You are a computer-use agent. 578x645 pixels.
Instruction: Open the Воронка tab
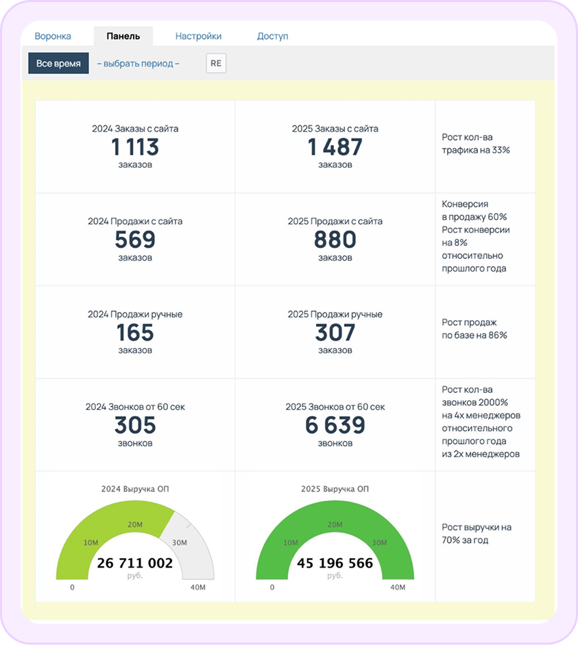pos(53,36)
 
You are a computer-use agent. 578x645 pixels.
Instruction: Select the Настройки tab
pos(198,36)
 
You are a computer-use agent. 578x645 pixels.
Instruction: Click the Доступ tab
pos(272,36)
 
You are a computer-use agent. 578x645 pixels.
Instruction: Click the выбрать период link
pos(139,64)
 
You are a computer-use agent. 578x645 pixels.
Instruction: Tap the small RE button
pos(216,63)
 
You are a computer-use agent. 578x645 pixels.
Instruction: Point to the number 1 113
pos(135,147)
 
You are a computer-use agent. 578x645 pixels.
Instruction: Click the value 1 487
pos(335,147)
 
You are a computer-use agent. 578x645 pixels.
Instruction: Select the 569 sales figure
pos(135,239)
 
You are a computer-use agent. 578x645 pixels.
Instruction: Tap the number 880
pos(335,239)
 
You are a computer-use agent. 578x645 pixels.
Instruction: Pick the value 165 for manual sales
pos(135,332)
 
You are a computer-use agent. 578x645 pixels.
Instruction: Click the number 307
pos(335,332)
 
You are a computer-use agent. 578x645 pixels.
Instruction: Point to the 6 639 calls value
pos(335,425)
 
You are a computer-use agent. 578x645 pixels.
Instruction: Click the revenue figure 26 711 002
pos(135,563)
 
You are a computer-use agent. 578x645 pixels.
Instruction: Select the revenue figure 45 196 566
pos(335,563)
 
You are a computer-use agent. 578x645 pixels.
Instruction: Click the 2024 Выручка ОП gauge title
pos(135,489)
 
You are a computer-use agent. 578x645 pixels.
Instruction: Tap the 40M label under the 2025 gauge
pos(398,587)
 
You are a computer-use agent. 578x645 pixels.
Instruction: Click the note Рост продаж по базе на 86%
pos(474,329)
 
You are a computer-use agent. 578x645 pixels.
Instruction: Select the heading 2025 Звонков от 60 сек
pos(335,407)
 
